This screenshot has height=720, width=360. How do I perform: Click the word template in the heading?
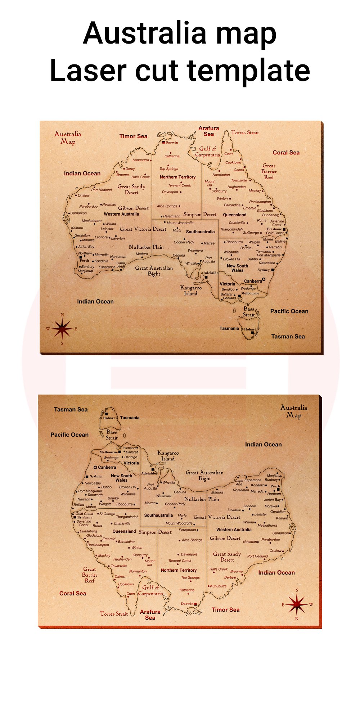point(248,71)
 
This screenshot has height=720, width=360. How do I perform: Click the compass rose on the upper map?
point(62,329)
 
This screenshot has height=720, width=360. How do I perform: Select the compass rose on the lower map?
point(297,604)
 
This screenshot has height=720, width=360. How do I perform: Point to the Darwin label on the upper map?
point(172,142)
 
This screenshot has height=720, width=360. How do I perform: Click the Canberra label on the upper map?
point(253,281)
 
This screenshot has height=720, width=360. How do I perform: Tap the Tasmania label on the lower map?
point(130,418)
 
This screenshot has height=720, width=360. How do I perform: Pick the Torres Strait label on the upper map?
point(245,132)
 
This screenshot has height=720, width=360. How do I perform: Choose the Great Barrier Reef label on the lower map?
point(90,575)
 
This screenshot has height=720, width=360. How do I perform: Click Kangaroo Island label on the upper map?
point(191,291)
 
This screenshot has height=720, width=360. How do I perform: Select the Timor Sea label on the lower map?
point(225,609)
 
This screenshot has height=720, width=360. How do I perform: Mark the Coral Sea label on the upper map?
point(286,153)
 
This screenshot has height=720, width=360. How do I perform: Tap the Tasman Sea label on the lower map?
point(71,409)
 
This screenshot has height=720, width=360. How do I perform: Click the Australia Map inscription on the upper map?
point(68,138)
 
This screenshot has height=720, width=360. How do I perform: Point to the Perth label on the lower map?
point(275,486)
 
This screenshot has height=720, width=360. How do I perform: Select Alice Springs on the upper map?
point(167,206)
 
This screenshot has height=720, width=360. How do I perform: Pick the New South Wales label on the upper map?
point(237,268)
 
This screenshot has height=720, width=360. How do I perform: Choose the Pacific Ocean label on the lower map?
point(69,435)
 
